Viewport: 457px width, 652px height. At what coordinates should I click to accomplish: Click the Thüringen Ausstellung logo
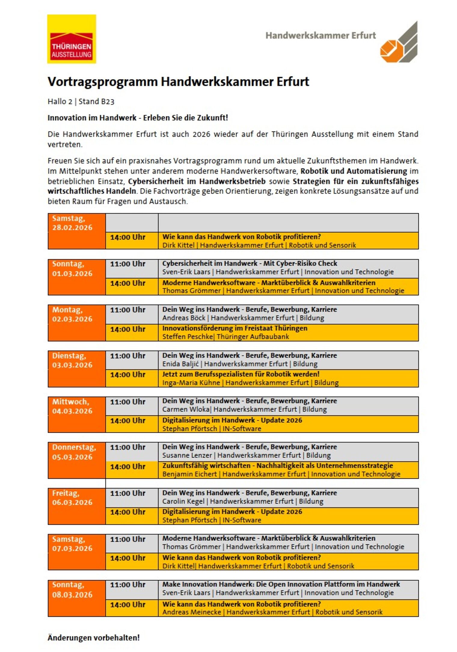coord(72,39)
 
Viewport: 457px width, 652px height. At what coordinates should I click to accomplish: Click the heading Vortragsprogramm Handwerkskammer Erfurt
coord(178,82)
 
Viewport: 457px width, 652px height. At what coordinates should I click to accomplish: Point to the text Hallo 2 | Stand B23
coord(81,102)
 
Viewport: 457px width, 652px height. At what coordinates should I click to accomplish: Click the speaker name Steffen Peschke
coord(187,337)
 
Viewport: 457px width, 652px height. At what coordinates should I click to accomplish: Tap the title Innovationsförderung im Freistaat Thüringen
coord(235,328)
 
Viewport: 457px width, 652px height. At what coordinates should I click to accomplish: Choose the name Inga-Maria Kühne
coord(191,383)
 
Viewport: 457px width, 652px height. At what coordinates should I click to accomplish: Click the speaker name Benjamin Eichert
coord(189,474)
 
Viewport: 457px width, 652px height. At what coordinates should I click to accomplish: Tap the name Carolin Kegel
coord(183,501)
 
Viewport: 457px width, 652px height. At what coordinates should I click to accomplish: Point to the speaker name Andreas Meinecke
coord(192,612)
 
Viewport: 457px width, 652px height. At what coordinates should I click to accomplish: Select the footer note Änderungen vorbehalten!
coord(94,638)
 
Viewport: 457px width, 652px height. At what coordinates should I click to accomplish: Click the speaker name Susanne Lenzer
coord(187,455)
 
